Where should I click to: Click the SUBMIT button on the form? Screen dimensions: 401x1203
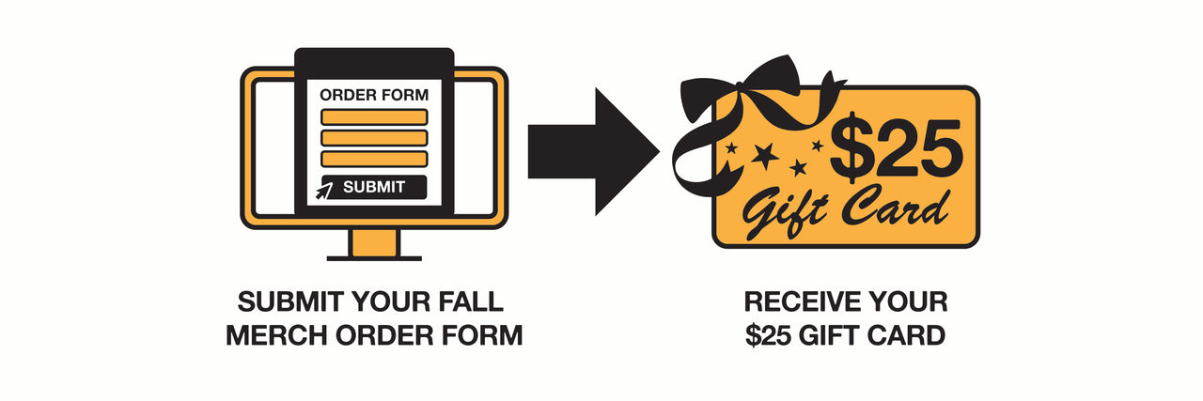coord(374,187)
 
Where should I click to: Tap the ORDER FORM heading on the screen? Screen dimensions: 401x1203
coord(374,95)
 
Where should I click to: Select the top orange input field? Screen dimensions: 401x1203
coord(374,117)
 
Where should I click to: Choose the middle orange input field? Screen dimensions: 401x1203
coord(374,138)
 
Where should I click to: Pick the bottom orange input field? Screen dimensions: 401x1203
coord(374,159)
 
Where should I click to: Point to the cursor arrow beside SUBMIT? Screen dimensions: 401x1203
coord(324,191)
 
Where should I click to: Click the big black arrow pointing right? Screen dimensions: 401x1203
coord(592,150)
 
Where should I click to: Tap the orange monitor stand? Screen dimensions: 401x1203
coord(374,241)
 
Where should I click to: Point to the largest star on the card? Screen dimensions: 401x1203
coord(764,156)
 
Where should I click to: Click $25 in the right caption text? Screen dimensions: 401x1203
coord(768,335)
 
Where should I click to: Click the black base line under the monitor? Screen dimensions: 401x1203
coord(374,257)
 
